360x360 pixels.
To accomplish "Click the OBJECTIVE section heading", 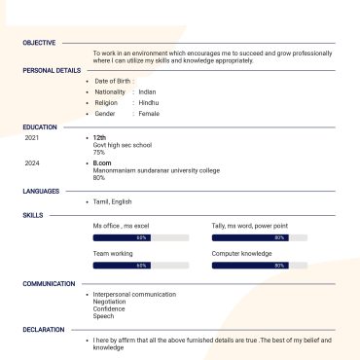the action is point(39,43).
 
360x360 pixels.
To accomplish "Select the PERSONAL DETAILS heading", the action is point(52,70).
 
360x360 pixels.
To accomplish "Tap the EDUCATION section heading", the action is point(40,126).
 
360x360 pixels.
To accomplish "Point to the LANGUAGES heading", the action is point(41,191).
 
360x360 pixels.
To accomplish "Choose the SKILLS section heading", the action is point(33,214).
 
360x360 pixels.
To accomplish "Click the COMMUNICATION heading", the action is point(49,283).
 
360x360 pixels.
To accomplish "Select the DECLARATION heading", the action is point(44,329).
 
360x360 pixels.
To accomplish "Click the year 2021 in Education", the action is point(31,138).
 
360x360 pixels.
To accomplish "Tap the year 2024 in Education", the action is point(31,163).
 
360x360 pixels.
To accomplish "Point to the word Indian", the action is point(148,91).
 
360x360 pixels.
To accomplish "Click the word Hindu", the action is point(149,102).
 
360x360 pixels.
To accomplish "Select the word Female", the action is point(149,114).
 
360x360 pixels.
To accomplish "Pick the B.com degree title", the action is point(102,163).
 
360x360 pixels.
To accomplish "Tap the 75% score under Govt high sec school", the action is point(99,152).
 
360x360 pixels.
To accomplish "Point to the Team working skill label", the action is point(113,253).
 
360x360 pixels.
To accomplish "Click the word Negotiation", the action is point(110,302).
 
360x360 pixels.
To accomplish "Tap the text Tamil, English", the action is point(113,201).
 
